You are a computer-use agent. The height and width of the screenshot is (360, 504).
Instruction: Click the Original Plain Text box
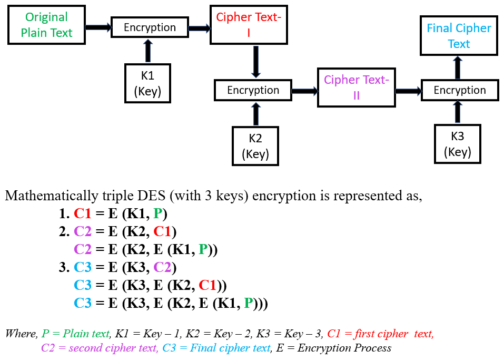(46, 25)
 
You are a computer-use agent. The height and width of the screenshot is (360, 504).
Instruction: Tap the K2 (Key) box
(255, 145)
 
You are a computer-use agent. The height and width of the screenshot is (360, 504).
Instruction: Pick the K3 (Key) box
(457, 143)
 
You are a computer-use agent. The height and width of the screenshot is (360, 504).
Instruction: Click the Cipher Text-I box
(248, 25)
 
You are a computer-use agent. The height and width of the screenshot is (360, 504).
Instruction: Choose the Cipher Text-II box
(356, 87)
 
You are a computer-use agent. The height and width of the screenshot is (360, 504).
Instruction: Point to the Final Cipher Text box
(458, 36)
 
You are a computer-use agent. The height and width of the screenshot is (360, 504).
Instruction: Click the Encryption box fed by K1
(150, 27)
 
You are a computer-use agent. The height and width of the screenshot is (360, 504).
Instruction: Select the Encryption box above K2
(253, 90)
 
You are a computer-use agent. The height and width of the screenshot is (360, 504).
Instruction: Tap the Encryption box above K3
(459, 90)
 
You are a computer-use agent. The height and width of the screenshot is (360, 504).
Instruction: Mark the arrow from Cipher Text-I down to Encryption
(255, 62)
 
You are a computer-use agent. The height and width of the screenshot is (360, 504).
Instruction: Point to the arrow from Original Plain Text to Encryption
(98, 27)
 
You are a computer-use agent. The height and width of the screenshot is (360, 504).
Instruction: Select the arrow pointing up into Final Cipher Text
(457, 67)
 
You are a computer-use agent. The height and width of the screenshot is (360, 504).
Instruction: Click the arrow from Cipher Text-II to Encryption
(408, 91)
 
